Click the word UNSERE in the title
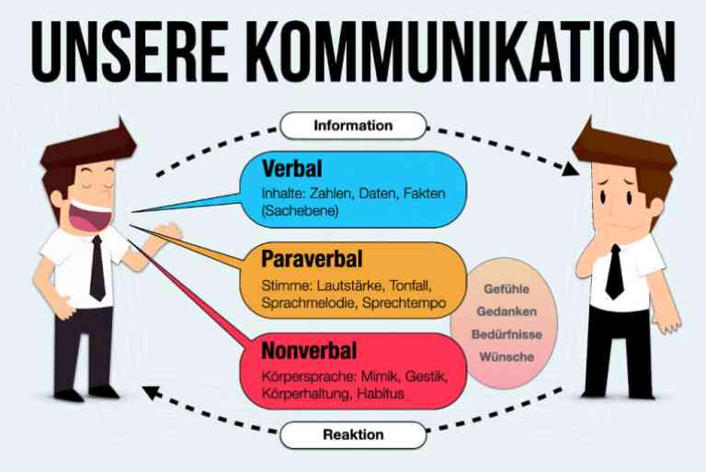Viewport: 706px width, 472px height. click(x=131, y=51)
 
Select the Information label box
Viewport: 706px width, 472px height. click(x=353, y=126)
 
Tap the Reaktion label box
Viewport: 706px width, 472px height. click(x=353, y=435)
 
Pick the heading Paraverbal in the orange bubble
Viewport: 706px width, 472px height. click(x=312, y=259)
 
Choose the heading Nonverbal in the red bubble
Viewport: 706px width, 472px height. click(x=309, y=351)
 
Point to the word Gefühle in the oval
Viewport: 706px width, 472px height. click(x=507, y=289)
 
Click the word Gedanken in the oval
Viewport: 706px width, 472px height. click(x=507, y=311)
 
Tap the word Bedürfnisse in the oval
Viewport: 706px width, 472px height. click(x=507, y=334)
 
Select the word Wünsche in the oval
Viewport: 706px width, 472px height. click(x=507, y=357)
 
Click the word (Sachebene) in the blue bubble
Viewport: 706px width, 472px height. click(x=300, y=211)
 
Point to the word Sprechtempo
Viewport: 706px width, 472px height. click(x=404, y=303)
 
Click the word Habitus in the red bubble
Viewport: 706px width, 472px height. click(x=381, y=393)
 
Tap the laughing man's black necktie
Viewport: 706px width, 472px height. click(x=97, y=268)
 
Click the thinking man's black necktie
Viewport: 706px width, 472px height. click(x=615, y=272)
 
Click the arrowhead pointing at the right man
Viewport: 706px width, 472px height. click(x=571, y=170)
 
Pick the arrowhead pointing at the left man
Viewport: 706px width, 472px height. click(x=152, y=392)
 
